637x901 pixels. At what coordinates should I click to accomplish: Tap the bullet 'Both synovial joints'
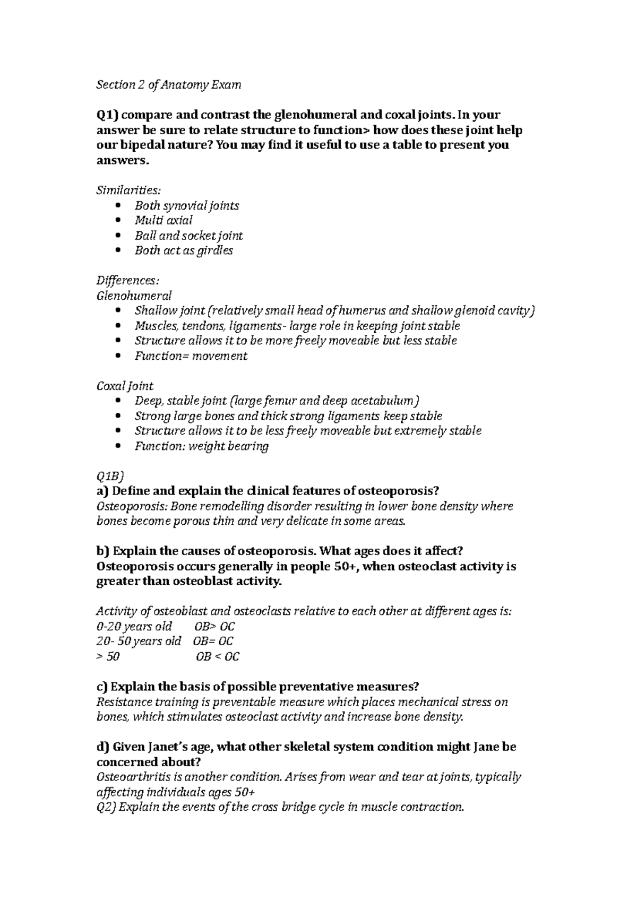point(186,205)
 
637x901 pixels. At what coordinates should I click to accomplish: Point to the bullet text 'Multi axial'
point(163,220)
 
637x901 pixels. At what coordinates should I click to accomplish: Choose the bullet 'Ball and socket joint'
point(188,236)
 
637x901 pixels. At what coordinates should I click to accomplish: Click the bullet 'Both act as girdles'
point(184,250)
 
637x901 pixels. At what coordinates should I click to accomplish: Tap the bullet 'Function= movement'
point(191,356)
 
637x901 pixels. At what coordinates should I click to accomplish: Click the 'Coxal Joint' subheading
point(125,386)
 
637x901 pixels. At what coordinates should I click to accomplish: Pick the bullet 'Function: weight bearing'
point(201,446)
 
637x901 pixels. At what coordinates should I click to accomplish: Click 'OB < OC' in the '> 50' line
point(218,657)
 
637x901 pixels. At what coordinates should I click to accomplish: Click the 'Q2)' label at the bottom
point(106,808)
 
